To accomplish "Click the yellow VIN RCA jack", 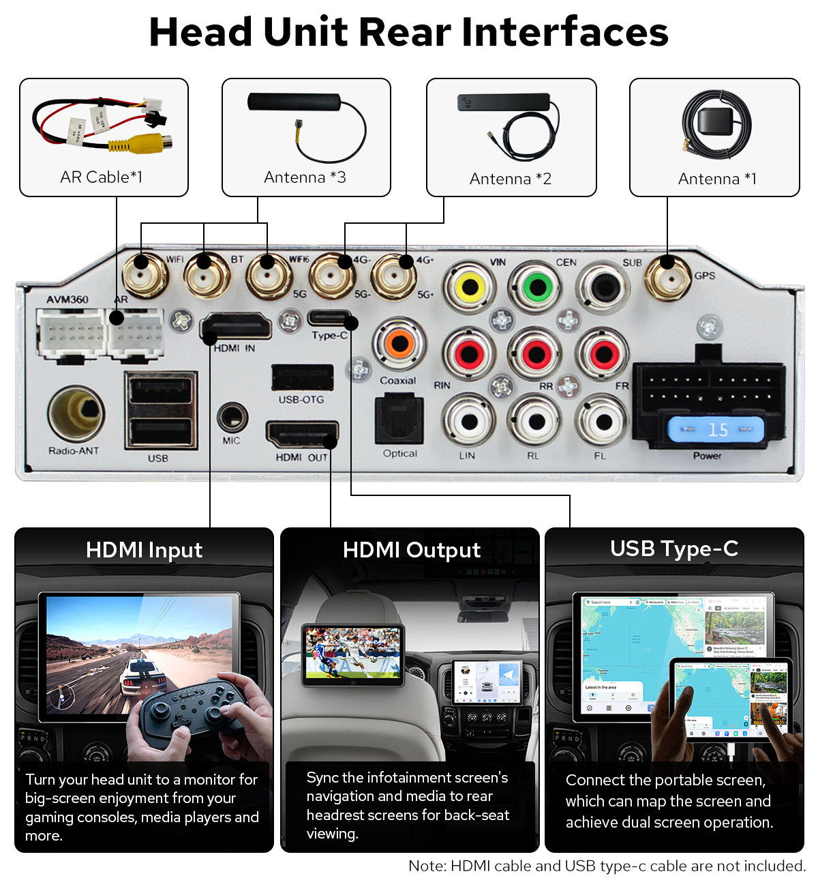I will click(470, 287).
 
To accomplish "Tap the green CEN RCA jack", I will click(537, 287).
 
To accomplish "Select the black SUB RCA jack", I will click(603, 287).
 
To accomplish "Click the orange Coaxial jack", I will click(399, 343).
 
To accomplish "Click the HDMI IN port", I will click(236, 327).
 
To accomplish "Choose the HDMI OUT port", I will click(301, 435).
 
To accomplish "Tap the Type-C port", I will click(329, 319).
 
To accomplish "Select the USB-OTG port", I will click(302, 377).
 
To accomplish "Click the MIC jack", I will click(232, 417).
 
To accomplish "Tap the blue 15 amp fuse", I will click(716, 430).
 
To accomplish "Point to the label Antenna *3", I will click(305, 177).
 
